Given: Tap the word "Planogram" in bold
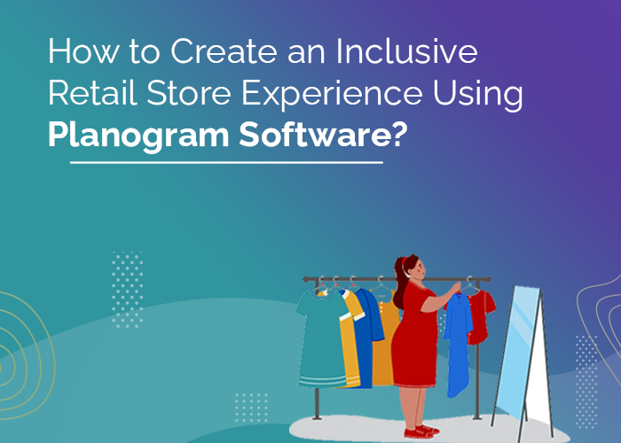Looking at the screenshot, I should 132,135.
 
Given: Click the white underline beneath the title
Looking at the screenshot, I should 226,163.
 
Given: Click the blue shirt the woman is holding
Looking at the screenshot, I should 458,341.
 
